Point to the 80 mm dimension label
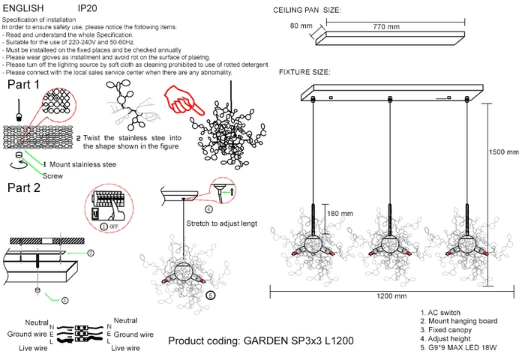pos(301,26)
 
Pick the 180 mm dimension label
pos(340,214)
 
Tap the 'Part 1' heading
pos(23,85)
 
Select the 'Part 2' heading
pos(23,187)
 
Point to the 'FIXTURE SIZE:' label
pos(304,72)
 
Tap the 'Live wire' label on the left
pos(23,349)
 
